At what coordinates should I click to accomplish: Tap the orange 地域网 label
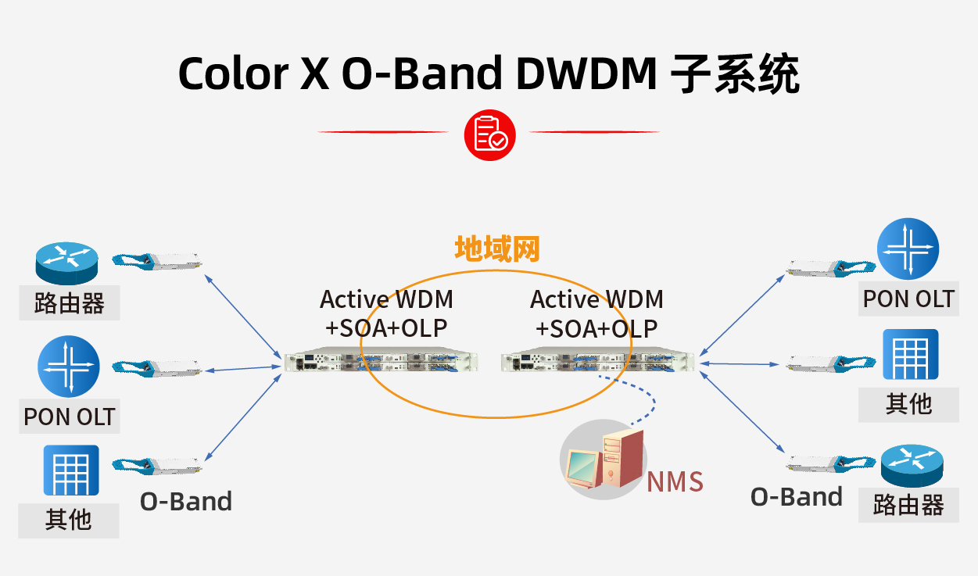tap(497, 249)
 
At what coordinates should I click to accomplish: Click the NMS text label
tap(675, 481)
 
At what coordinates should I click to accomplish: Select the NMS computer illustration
tap(603, 461)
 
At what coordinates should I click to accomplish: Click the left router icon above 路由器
tap(67, 263)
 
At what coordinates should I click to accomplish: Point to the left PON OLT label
tap(70, 417)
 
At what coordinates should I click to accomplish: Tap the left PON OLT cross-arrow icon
tap(69, 366)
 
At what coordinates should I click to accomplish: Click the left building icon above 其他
tap(70, 470)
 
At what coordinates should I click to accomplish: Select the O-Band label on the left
tap(186, 501)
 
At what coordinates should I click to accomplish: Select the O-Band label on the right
tap(797, 497)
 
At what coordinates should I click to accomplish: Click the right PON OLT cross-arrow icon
tap(908, 250)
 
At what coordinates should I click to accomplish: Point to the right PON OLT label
tap(908, 299)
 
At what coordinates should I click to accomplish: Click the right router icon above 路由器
tap(912, 466)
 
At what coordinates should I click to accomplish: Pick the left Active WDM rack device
tap(381, 362)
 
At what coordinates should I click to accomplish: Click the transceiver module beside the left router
tap(157, 260)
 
